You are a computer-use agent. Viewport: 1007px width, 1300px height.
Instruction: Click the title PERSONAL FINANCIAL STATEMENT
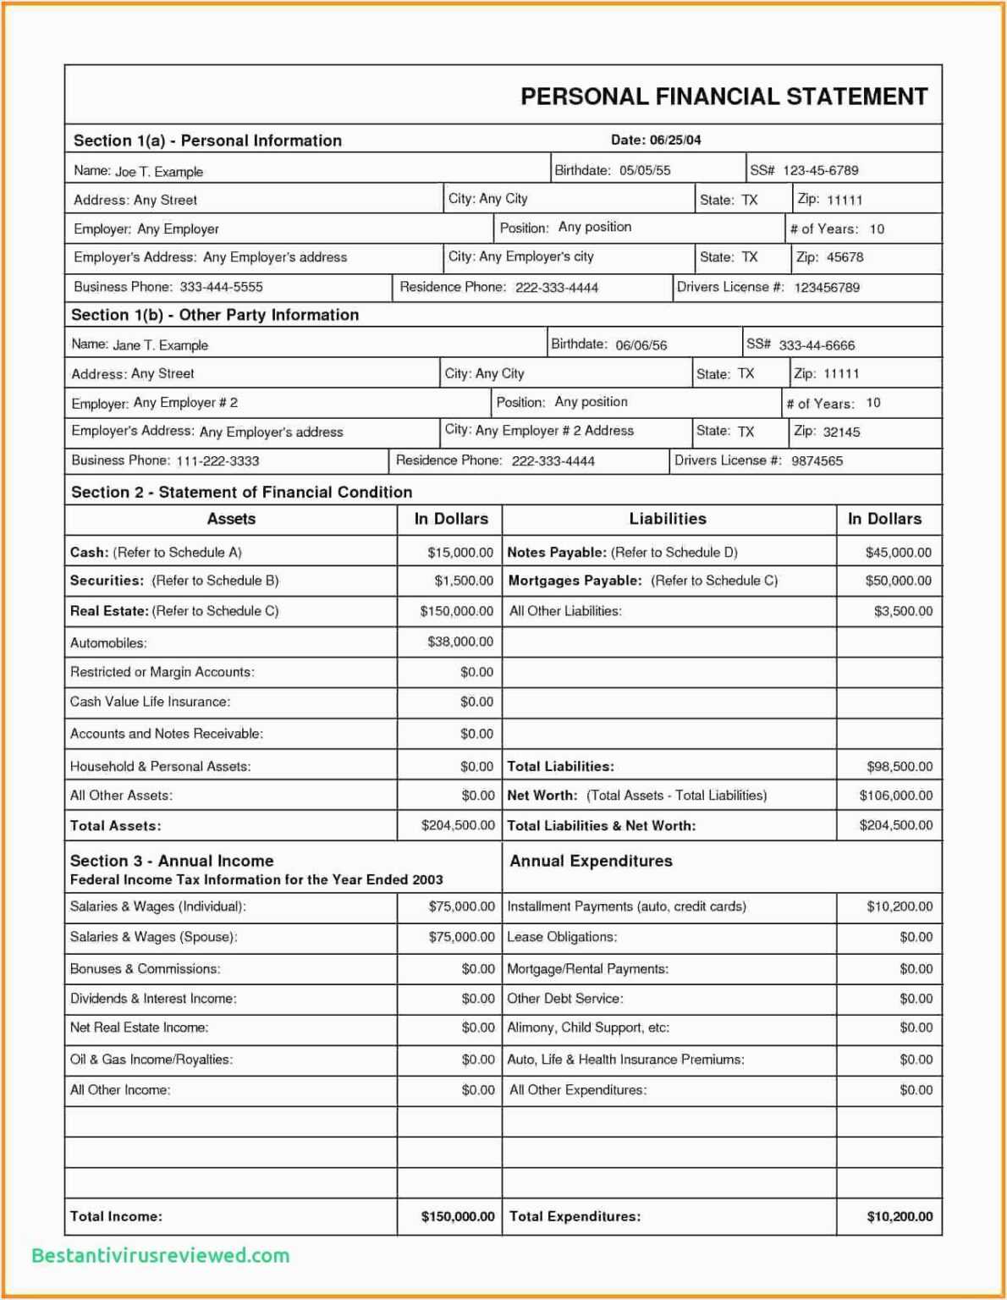click(724, 96)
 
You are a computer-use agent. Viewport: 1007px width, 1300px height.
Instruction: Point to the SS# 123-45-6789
click(820, 170)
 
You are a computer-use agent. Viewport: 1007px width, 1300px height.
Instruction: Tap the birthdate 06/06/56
click(641, 345)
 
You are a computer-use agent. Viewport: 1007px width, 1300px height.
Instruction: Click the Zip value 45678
click(845, 257)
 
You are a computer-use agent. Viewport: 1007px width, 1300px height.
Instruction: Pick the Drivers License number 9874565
click(817, 461)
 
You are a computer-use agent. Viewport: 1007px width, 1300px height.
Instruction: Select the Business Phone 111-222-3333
click(217, 461)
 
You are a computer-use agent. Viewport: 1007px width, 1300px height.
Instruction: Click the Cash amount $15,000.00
click(460, 553)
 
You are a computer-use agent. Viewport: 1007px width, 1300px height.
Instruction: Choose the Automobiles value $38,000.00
click(460, 642)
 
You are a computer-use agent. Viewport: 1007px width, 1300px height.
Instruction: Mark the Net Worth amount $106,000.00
click(895, 796)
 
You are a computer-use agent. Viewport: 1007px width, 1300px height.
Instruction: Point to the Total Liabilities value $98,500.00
click(899, 767)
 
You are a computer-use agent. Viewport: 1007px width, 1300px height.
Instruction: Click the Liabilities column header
click(667, 519)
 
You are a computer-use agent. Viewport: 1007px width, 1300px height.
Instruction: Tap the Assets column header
click(231, 519)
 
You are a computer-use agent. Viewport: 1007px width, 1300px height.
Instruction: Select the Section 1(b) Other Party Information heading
click(215, 315)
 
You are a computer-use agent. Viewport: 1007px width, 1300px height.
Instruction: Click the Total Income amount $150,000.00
click(458, 1216)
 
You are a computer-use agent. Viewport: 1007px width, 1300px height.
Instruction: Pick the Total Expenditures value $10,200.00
click(900, 1216)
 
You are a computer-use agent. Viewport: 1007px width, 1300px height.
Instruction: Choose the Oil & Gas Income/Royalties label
click(151, 1060)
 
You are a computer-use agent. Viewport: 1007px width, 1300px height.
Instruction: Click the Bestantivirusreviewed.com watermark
click(161, 1255)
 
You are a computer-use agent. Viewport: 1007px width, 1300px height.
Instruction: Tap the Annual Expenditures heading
click(591, 861)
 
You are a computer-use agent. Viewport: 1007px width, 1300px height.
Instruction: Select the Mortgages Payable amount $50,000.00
click(898, 581)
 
